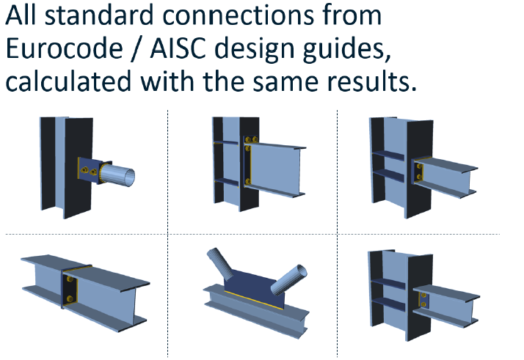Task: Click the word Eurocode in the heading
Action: [x=64, y=48]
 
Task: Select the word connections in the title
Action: [x=239, y=15]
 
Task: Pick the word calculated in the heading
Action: [x=68, y=81]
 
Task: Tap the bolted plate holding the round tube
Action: [x=90, y=170]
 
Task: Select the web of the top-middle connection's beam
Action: [x=274, y=169]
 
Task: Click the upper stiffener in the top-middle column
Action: [x=225, y=143]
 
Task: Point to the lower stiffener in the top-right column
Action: [x=388, y=175]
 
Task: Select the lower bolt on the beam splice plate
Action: [x=70, y=298]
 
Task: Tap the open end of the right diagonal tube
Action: [x=302, y=271]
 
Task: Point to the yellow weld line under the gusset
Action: [x=254, y=300]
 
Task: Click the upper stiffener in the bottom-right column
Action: [x=388, y=283]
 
